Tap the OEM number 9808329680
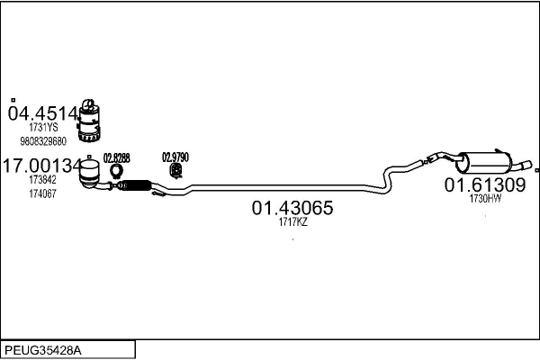(x=42, y=141)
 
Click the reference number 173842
(x=41, y=181)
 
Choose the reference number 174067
(x=41, y=193)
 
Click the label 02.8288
(x=116, y=157)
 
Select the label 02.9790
(x=175, y=157)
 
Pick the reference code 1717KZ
(x=292, y=222)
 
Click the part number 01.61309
(x=484, y=185)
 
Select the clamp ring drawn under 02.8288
(x=116, y=170)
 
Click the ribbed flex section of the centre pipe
(x=136, y=185)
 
